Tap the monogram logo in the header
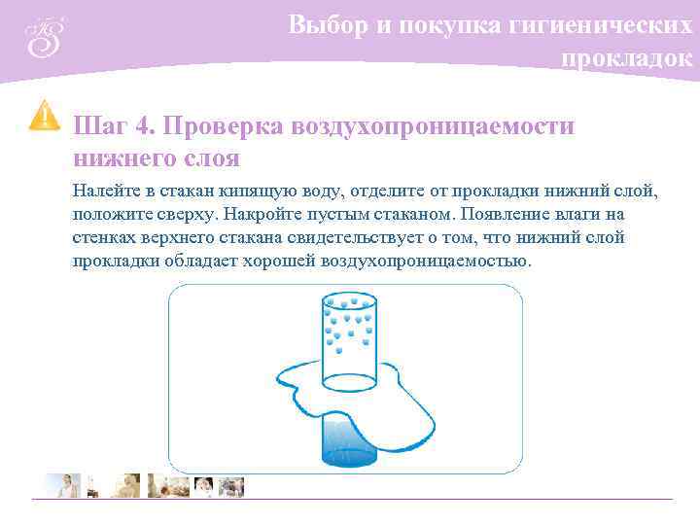tap(44, 38)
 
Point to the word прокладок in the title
tap(627, 58)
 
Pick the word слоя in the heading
tap(213, 157)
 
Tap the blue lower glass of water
tap(348, 442)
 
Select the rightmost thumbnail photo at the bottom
tap(232, 485)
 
